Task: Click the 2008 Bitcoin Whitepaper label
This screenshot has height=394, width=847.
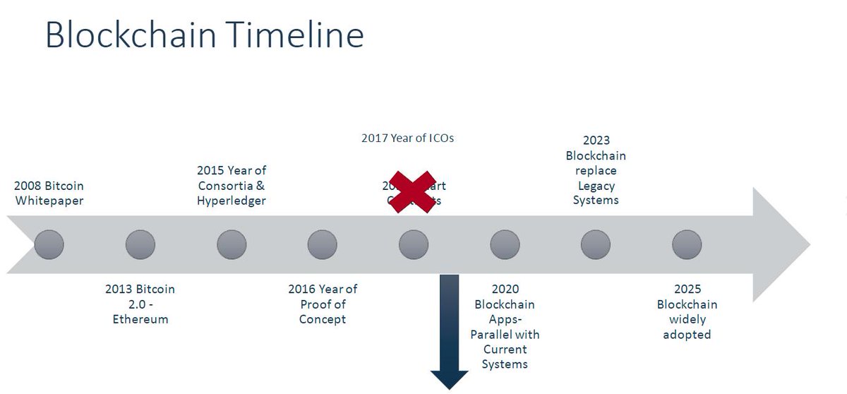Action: (49, 193)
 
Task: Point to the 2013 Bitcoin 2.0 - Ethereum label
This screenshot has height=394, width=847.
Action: (140, 304)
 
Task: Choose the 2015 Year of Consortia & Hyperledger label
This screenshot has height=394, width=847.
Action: (232, 186)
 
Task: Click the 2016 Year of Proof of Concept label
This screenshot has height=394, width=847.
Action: (323, 304)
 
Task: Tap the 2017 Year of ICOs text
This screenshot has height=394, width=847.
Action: (407, 138)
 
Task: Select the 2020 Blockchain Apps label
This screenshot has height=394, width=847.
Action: (505, 326)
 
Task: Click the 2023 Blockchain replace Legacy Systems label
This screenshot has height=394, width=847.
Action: (596, 170)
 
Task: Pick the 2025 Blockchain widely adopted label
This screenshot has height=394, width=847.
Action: (687, 311)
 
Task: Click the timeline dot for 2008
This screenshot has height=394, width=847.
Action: (49, 245)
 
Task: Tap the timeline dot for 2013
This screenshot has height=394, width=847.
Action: (140, 245)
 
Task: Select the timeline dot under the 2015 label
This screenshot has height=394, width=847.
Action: (232, 245)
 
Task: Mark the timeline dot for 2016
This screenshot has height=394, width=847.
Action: (323, 245)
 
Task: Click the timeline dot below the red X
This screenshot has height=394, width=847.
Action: (414, 245)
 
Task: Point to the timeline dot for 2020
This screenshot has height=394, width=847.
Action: (505, 245)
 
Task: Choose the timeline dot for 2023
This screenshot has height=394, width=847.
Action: (596, 245)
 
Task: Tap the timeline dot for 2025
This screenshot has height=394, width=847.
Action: (687, 245)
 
